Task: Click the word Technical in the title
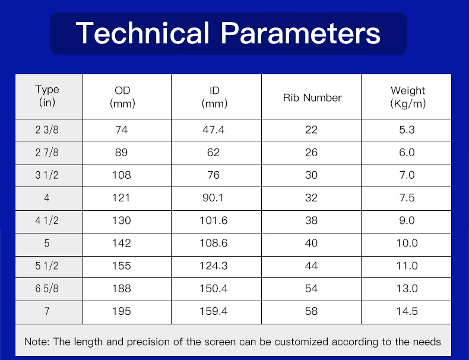[142, 33]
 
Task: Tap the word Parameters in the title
[300, 33]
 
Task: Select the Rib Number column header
[312, 97]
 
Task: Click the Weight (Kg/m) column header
[408, 97]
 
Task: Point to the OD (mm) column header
[122, 97]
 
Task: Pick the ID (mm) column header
[214, 97]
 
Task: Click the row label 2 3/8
[47, 130]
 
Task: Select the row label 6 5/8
[47, 289]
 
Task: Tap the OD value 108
[122, 175]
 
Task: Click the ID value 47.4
[213, 130]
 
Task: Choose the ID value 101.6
[214, 220]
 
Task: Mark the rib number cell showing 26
[311, 153]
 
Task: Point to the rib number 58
[311, 311]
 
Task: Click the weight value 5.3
[407, 130]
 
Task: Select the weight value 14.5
[407, 311]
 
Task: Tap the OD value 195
[122, 311]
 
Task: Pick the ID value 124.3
[214, 266]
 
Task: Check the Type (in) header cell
[47, 96]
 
